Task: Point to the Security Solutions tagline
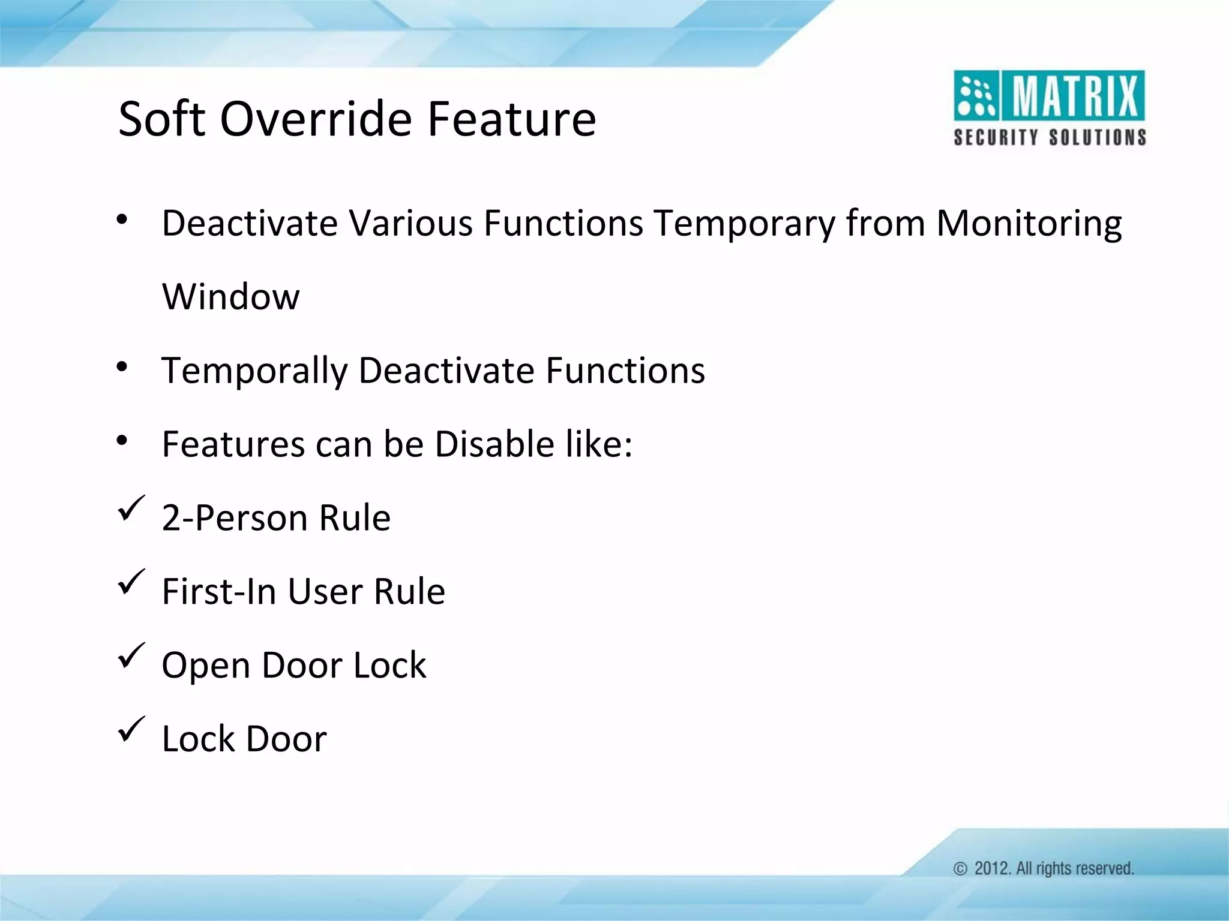click(1050, 137)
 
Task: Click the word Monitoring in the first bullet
click(1029, 223)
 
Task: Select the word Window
click(230, 296)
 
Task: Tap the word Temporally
click(254, 371)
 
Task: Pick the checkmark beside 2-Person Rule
click(131, 508)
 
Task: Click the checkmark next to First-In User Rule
click(131, 582)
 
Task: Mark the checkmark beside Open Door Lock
click(131, 655)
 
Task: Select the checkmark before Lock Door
click(131, 729)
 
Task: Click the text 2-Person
click(235, 518)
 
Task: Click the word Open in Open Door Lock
click(206, 666)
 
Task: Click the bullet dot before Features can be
click(122, 441)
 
